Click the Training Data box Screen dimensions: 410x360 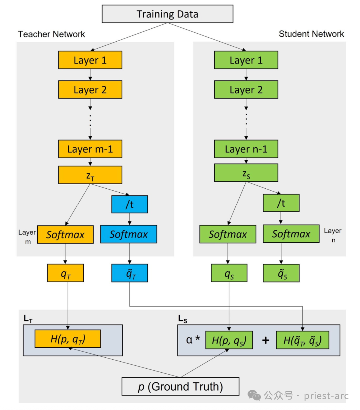167,14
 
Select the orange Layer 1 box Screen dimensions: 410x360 90,60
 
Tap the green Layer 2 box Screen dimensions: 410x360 246,89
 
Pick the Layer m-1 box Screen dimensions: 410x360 90,149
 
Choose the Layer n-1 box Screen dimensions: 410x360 246,149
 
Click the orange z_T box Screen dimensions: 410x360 90,175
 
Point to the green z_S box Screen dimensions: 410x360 246,173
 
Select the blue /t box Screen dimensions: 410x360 130,204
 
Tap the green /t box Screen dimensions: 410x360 281,203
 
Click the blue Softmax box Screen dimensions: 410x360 129,234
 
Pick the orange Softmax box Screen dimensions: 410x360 65,235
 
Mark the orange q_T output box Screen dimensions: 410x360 65,273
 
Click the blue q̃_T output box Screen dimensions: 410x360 130,273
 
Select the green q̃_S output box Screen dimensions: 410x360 281,273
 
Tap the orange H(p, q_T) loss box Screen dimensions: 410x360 68,339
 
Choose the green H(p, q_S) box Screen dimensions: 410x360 229,340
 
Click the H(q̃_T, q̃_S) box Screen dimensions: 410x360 302,340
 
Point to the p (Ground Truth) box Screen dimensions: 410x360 180,386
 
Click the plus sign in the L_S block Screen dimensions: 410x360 266,340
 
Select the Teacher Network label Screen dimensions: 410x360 51,34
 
